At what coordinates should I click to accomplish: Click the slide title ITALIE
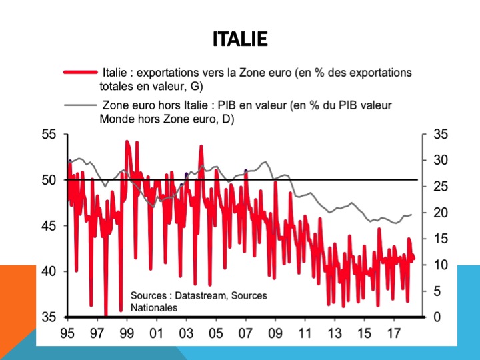tap(240, 39)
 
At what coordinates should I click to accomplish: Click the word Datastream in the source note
tap(195, 295)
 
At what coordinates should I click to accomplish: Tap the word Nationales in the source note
tap(154, 307)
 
